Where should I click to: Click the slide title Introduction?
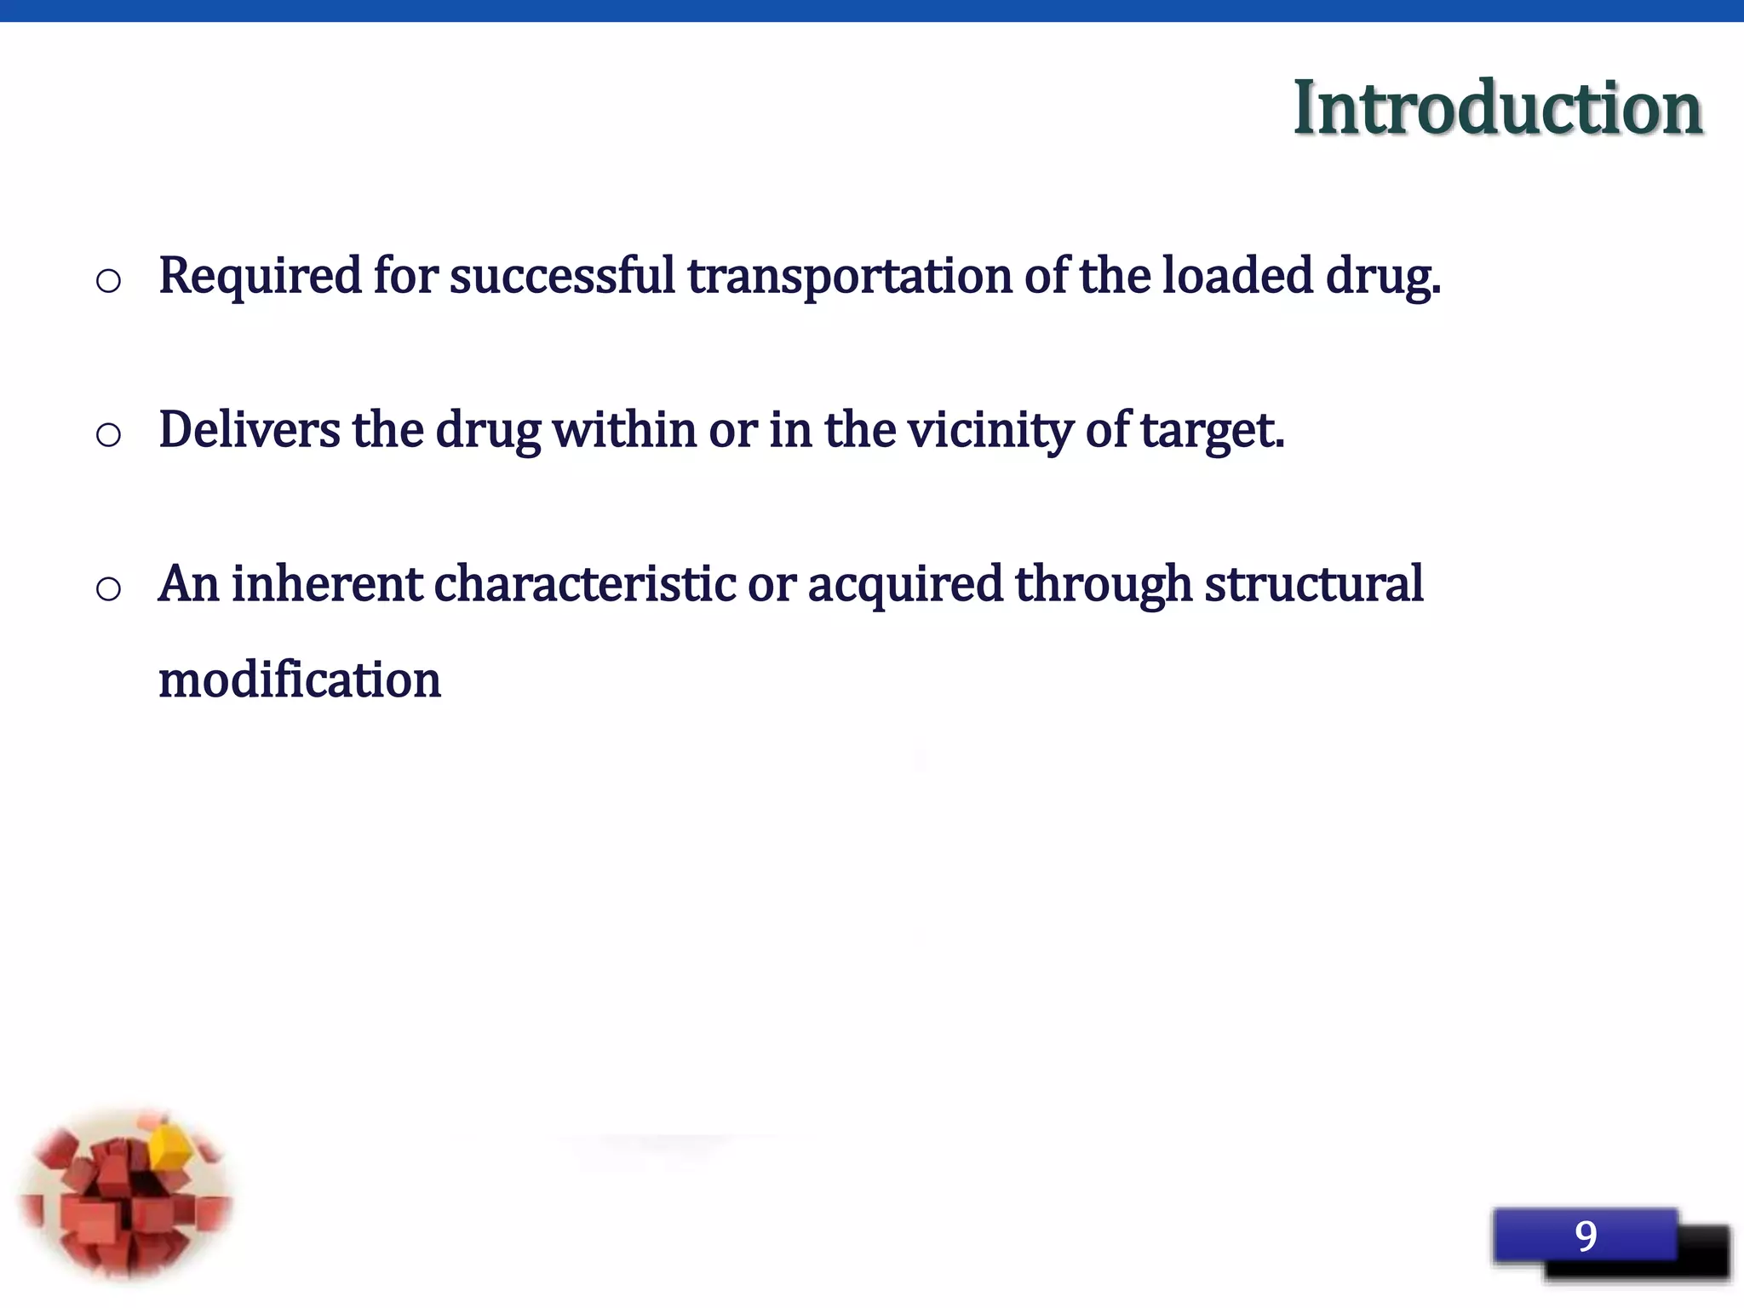click(x=1497, y=108)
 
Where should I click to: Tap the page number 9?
click(x=1585, y=1235)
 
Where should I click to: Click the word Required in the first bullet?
click(x=260, y=277)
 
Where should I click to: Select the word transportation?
click(x=849, y=277)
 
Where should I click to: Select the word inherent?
click(x=327, y=584)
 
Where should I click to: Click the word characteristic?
click(x=585, y=584)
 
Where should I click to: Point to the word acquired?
click(x=905, y=586)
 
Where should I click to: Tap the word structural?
click(x=1313, y=584)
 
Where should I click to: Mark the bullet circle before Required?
click(x=108, y=280)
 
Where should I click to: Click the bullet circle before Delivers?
click(x=108, y=434)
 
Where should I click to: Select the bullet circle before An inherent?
click(x=108, y=588)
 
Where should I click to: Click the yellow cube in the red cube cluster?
click(x=169, y=1146)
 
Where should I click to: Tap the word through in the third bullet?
click(x=1104, y=586)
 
